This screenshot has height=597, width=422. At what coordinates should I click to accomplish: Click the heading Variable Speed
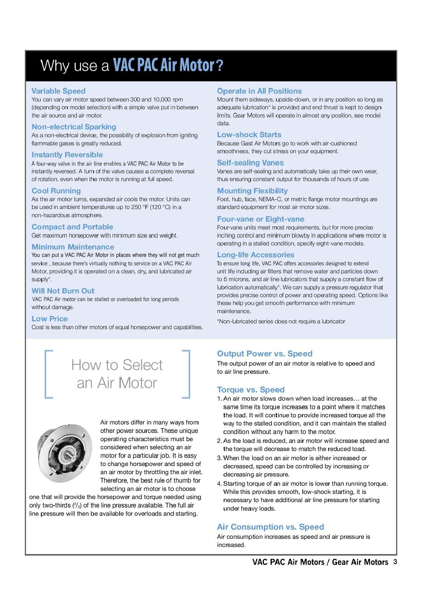coord(58,91)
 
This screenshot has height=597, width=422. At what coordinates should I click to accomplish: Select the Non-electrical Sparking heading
coord(74,127)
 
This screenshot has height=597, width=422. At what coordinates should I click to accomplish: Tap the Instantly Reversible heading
coord(67,155)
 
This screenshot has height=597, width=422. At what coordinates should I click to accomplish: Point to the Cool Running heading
coord(56,191)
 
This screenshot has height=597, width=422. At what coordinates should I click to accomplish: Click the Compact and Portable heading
coord(72,227)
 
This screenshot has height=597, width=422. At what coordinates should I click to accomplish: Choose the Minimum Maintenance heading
coord(73,247)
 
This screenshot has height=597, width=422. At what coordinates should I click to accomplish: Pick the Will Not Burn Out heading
coord(63,291)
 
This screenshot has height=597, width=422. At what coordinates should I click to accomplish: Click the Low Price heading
coord(50,319)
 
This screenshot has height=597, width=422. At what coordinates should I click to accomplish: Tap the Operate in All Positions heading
coord(259,91)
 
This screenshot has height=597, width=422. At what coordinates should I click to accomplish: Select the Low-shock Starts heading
coord(249,134)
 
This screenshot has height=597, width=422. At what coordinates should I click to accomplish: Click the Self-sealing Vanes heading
coord(250,163)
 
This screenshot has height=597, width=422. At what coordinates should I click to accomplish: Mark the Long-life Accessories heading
coord(256,255)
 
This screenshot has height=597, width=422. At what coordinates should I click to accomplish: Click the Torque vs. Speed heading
coord(251,389)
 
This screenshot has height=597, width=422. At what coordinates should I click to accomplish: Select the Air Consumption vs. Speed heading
coord(271,527)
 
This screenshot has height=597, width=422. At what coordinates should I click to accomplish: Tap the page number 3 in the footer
coord(395,562)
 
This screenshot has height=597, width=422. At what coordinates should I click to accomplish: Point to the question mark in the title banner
coord(220,65)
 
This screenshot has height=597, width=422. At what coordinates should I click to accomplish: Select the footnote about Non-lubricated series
coord(281,321)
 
